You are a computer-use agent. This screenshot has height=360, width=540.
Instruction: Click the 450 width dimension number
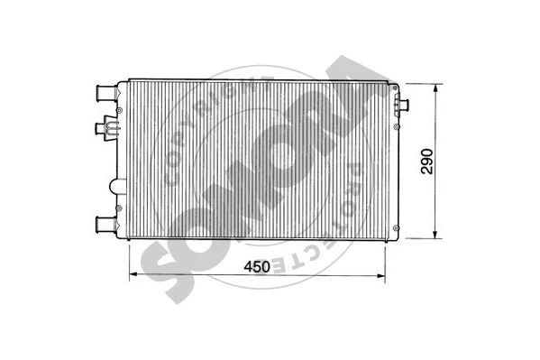[x=258, y=266]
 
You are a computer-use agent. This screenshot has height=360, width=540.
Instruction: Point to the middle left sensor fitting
[x=108, y=128]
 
